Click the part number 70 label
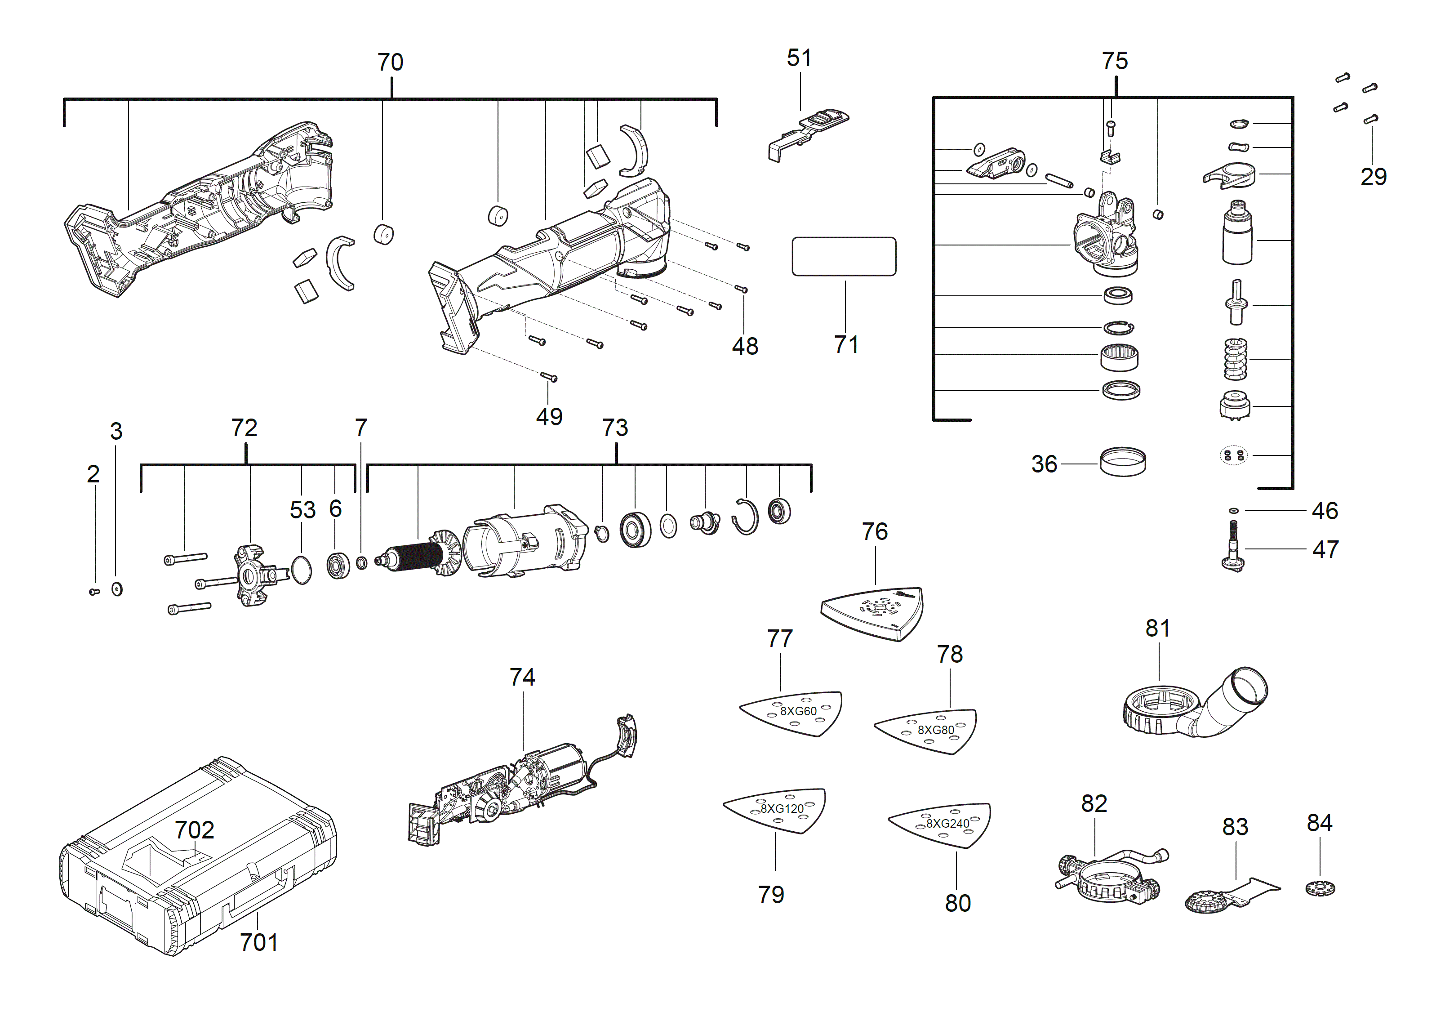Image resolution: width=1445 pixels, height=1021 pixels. click(390, 62)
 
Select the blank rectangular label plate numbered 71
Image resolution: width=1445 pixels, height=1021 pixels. click(843, 256)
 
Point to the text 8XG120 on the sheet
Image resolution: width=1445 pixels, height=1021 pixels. click(782, 809)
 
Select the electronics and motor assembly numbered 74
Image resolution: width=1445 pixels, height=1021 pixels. click(522, 787)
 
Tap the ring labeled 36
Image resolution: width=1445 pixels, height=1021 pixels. click(1123, 462)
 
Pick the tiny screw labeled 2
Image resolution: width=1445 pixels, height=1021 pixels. click(94, 592)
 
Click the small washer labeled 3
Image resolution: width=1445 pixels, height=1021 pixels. click(117, 589)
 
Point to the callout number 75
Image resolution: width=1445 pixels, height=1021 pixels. click(1115, 61)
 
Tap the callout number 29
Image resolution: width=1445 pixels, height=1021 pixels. click(1373, 177)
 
